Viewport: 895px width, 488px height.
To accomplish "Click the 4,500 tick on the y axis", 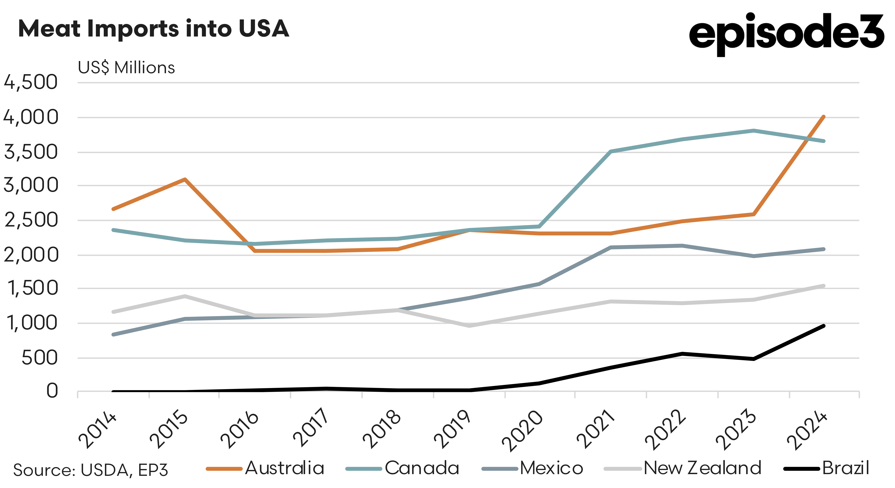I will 31,83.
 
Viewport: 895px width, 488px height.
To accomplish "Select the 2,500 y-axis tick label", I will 31,220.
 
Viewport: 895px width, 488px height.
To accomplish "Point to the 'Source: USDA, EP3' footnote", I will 91,470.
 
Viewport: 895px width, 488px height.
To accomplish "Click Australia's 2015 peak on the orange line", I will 185,180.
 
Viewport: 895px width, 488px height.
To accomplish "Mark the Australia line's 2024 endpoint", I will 823,117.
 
